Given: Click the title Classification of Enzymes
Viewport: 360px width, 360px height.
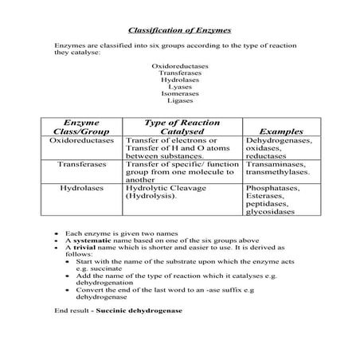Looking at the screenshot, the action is tap(180, 25).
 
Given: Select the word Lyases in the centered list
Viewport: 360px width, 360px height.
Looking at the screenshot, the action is tap(180, 87).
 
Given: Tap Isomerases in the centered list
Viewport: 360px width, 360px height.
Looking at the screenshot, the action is tap(180, 94).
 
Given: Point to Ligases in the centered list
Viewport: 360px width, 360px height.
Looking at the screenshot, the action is tap(180, 101).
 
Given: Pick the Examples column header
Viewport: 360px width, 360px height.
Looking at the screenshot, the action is tap(282, 131).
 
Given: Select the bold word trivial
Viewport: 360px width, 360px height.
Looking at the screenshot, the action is tap(88, 247).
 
